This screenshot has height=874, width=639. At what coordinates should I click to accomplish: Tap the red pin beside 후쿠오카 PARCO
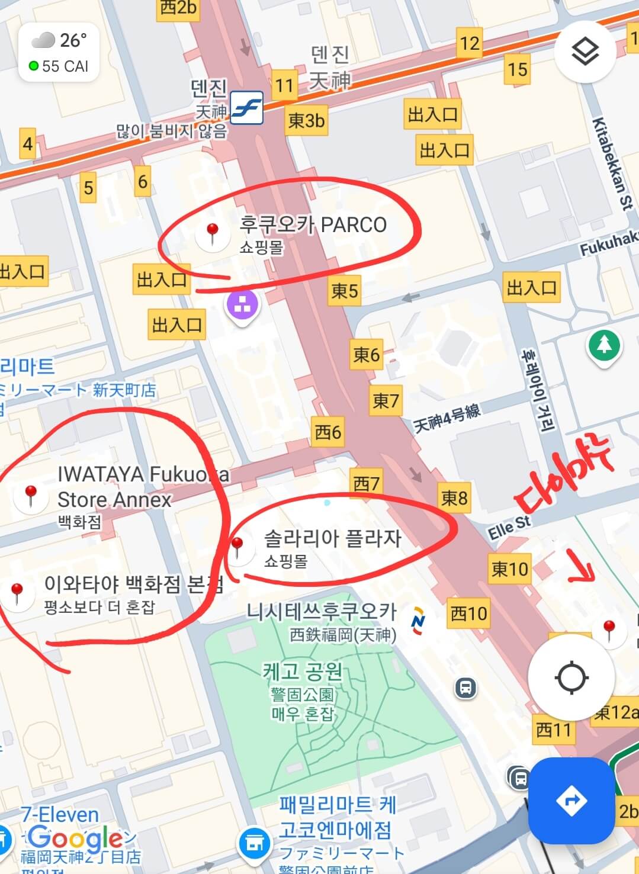(212, 233)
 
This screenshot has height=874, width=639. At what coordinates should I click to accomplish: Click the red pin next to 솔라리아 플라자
(237, 547)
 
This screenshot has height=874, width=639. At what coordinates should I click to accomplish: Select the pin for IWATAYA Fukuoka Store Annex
(30, 496)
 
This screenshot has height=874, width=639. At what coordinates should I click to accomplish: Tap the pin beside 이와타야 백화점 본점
(17, 593)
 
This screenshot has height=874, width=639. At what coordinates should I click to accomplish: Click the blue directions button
(571, 801)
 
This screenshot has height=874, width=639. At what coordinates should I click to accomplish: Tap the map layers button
(585, 52)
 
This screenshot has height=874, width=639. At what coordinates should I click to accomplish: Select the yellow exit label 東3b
(306, 121)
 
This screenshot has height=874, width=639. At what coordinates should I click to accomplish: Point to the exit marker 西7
(367, 483)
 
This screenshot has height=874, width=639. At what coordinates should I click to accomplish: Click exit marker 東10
(509, 569)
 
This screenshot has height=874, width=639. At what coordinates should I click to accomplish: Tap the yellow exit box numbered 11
(284, 86)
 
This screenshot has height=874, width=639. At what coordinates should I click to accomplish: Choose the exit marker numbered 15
(517, 69)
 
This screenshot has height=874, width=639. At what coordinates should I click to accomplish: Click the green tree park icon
(603, 345)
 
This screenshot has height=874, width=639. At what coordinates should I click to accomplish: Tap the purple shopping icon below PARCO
(242, 307)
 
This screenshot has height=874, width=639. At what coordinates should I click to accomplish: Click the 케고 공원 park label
(303, 672)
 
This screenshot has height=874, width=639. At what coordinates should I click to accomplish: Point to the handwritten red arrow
(582, 565)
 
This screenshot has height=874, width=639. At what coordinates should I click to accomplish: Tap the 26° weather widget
(59, 53)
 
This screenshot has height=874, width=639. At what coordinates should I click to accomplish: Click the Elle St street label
(509, 527)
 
